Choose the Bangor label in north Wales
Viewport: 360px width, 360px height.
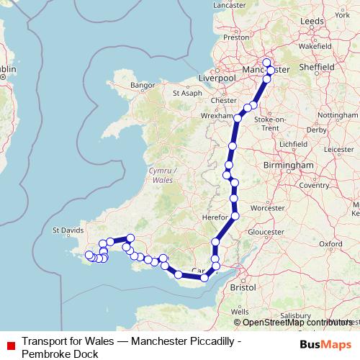(143, 85)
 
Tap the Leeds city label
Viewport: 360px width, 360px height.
(312, 22)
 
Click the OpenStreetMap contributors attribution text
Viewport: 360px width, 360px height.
(295, 323)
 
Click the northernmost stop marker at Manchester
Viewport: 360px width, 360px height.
(266, 62)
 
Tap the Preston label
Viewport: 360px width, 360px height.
(236, 37)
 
